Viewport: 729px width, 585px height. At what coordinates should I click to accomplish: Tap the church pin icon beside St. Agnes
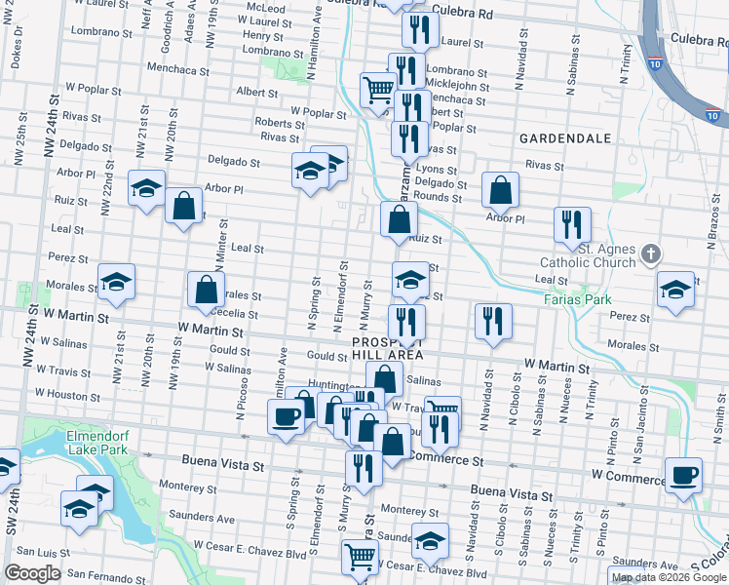652,255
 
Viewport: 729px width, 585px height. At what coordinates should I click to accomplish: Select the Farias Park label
576,299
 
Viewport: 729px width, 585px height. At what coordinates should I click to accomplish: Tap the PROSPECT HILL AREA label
388,349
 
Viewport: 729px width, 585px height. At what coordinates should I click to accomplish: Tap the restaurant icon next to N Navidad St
493,321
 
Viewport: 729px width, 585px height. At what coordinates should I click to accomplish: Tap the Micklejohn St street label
455,86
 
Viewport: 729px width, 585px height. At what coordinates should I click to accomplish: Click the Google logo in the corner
32,573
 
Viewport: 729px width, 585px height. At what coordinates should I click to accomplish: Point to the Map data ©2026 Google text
670,577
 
